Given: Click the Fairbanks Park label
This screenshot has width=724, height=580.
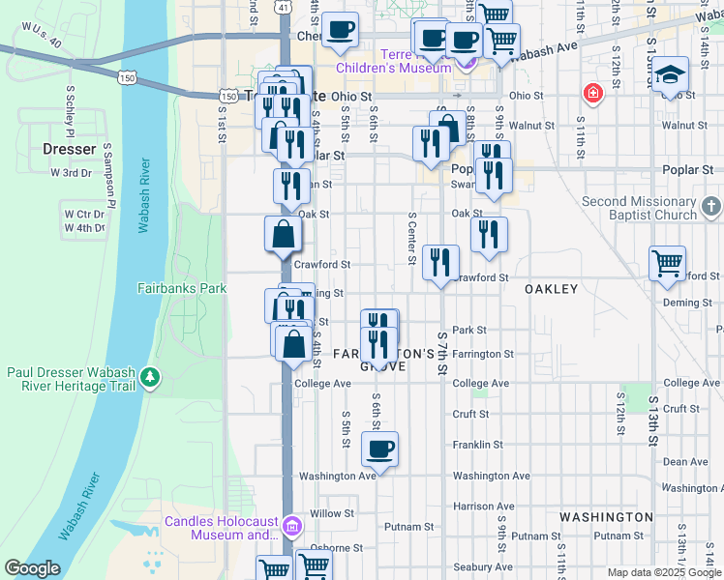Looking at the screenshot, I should coord(181,288).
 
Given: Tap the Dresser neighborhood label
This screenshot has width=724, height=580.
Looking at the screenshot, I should coord(70,150).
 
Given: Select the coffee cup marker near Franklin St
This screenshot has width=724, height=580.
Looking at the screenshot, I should coord(379,449).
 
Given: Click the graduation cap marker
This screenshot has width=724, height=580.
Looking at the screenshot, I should coord(670,75).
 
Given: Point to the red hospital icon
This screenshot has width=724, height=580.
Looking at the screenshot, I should coord(590,94).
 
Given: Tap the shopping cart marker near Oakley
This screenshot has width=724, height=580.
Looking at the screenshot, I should coord(668,263).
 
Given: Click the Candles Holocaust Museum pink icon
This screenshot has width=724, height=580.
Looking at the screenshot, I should coord(293,527).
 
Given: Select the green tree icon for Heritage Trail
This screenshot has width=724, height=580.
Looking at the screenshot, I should coord(150,375).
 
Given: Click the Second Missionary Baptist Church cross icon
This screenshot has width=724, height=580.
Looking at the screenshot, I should coord(711,207).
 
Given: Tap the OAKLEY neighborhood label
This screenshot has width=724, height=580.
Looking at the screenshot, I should coord(551,289).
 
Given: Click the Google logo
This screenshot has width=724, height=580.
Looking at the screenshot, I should coord(32,568).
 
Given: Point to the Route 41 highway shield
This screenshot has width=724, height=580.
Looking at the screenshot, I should coord(282,6).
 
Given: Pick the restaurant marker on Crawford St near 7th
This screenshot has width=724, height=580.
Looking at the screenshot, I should coord(441,261).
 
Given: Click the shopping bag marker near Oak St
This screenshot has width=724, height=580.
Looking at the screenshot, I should coord(283,234).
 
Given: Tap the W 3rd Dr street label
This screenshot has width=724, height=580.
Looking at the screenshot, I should coord(71,173).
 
